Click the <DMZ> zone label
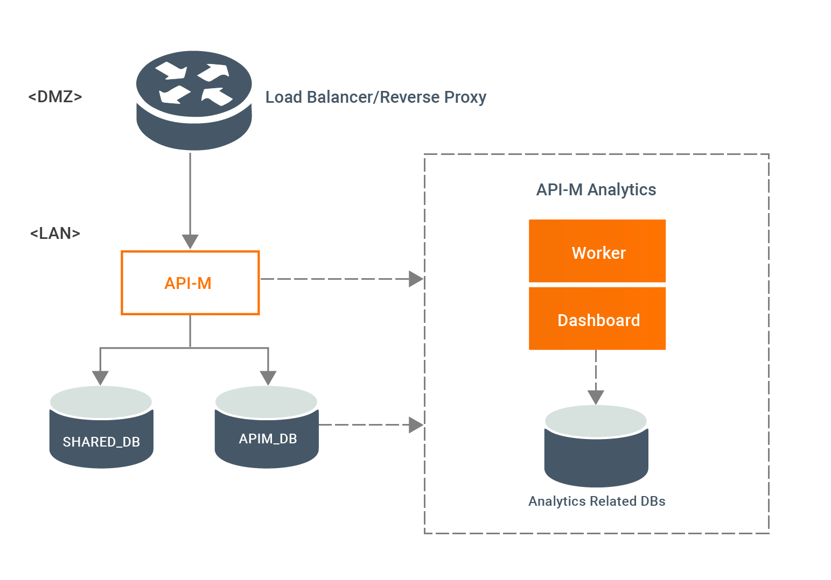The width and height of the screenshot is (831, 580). coord(55,97)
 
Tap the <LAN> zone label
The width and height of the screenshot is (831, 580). coord(55,234)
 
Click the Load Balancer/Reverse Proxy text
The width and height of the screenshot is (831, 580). coord(375,97)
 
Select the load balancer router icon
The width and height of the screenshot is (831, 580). coord(194,101)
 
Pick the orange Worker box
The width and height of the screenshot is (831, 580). coord(597,251)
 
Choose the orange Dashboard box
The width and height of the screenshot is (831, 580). coord(597,319)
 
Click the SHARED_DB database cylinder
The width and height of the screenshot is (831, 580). coord(101,427)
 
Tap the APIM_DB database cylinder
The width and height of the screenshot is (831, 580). coord(267,427)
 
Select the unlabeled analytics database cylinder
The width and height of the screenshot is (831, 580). coord(596,446)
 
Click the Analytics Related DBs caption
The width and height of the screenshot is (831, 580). coord(597,501)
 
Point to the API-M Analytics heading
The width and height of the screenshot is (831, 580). coord(596,190)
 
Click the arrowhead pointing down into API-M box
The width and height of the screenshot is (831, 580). coord(190,242)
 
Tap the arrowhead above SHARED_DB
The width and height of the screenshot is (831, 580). coord(100,378)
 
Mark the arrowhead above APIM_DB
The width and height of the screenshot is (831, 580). coord(268,378)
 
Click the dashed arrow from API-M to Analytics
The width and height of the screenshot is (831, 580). coord(341,279)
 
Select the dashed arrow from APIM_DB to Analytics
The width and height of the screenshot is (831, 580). coord(371,425)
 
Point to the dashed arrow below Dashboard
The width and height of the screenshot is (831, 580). coord(596,377)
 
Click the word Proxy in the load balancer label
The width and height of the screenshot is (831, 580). coord(465,98)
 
